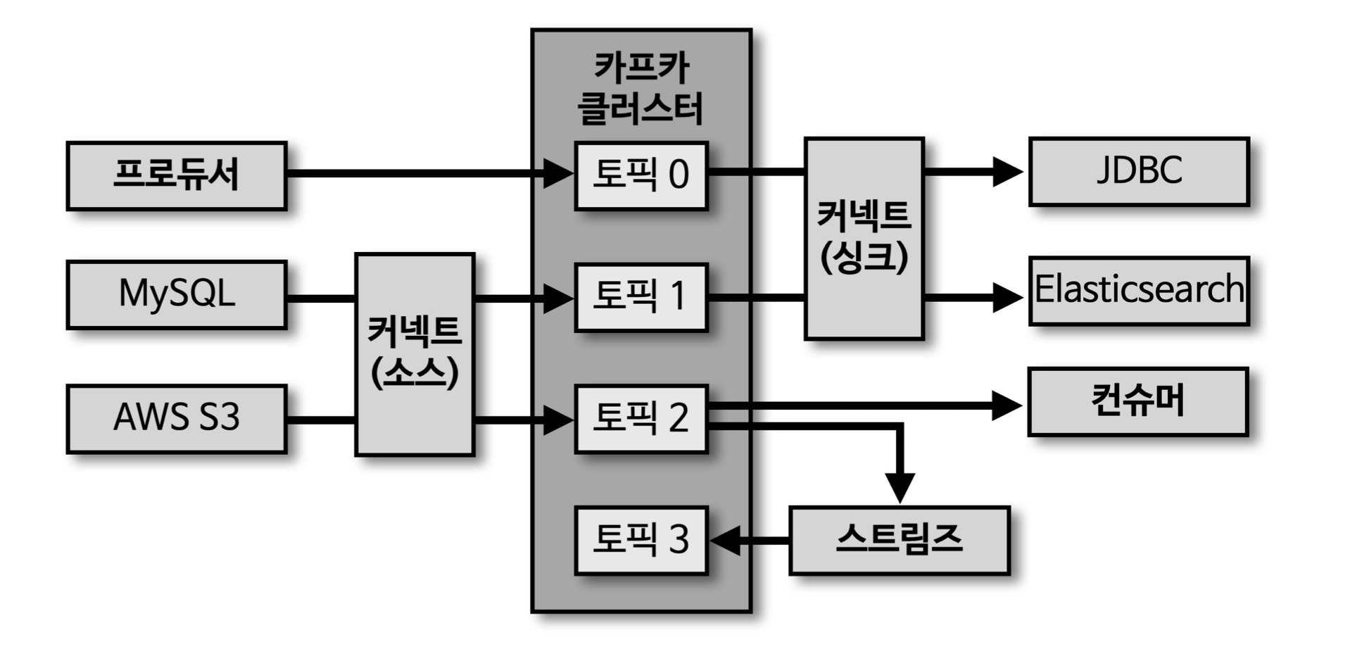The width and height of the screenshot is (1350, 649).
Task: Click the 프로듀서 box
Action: pos(177,175)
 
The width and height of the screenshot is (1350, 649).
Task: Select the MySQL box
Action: pos(177,294)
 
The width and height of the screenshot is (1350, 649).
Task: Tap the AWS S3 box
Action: pos(177,418)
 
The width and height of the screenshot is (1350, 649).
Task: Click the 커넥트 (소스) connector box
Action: pos(415,354)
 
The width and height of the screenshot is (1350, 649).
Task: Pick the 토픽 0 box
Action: pos(641,175)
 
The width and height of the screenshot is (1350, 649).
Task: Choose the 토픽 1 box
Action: pos(641,297)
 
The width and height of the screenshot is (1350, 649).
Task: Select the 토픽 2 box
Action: pos(641,418)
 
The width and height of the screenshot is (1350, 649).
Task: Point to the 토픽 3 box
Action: pos(641,540)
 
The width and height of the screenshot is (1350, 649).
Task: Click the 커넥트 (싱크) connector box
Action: pos(864,238)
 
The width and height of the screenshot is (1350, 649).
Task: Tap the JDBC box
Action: pos(1139,171)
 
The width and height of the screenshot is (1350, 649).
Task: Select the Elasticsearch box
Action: pos(1139,290)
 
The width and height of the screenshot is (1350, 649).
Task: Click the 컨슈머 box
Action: pos(1137,401)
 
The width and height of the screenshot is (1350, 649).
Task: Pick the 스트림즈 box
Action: pos(899,540)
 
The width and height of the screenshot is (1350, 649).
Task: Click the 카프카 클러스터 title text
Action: pos(641,89)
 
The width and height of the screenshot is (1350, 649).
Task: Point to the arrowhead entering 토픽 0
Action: pos(559,173)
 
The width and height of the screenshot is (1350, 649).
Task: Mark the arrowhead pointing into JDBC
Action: pos(1007,171)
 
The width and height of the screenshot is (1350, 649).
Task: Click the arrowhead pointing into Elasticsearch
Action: pos(1007,297)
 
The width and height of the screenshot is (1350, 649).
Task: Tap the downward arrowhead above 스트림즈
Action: pos(900,487)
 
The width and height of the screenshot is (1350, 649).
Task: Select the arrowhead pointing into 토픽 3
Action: pos(726,541)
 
